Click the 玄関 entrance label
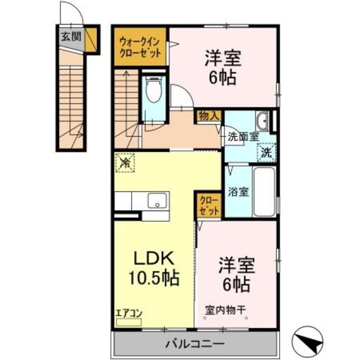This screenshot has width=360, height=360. (71, 36)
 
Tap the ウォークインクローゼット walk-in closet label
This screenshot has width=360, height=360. (140, 48)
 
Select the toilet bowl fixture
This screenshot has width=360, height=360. (154, 90)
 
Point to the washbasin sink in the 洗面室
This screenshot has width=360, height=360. (262, 121)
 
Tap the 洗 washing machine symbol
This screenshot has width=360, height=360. (267, 152)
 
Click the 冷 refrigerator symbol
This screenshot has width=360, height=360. (125, 163)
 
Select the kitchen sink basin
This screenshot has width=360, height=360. (157, 200)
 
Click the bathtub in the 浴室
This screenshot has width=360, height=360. (264, 192)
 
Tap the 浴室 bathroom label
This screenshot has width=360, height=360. (238, 192)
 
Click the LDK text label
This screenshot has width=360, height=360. (154, 259)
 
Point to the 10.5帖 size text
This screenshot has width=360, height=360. (154, 278)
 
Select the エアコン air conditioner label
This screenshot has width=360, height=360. (129, 313)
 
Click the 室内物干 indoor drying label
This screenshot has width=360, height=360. (225, 310)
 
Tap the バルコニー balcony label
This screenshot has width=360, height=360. (195, 344)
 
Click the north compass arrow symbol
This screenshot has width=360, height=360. (308, 340)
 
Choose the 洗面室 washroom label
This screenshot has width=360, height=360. (244, 137)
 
